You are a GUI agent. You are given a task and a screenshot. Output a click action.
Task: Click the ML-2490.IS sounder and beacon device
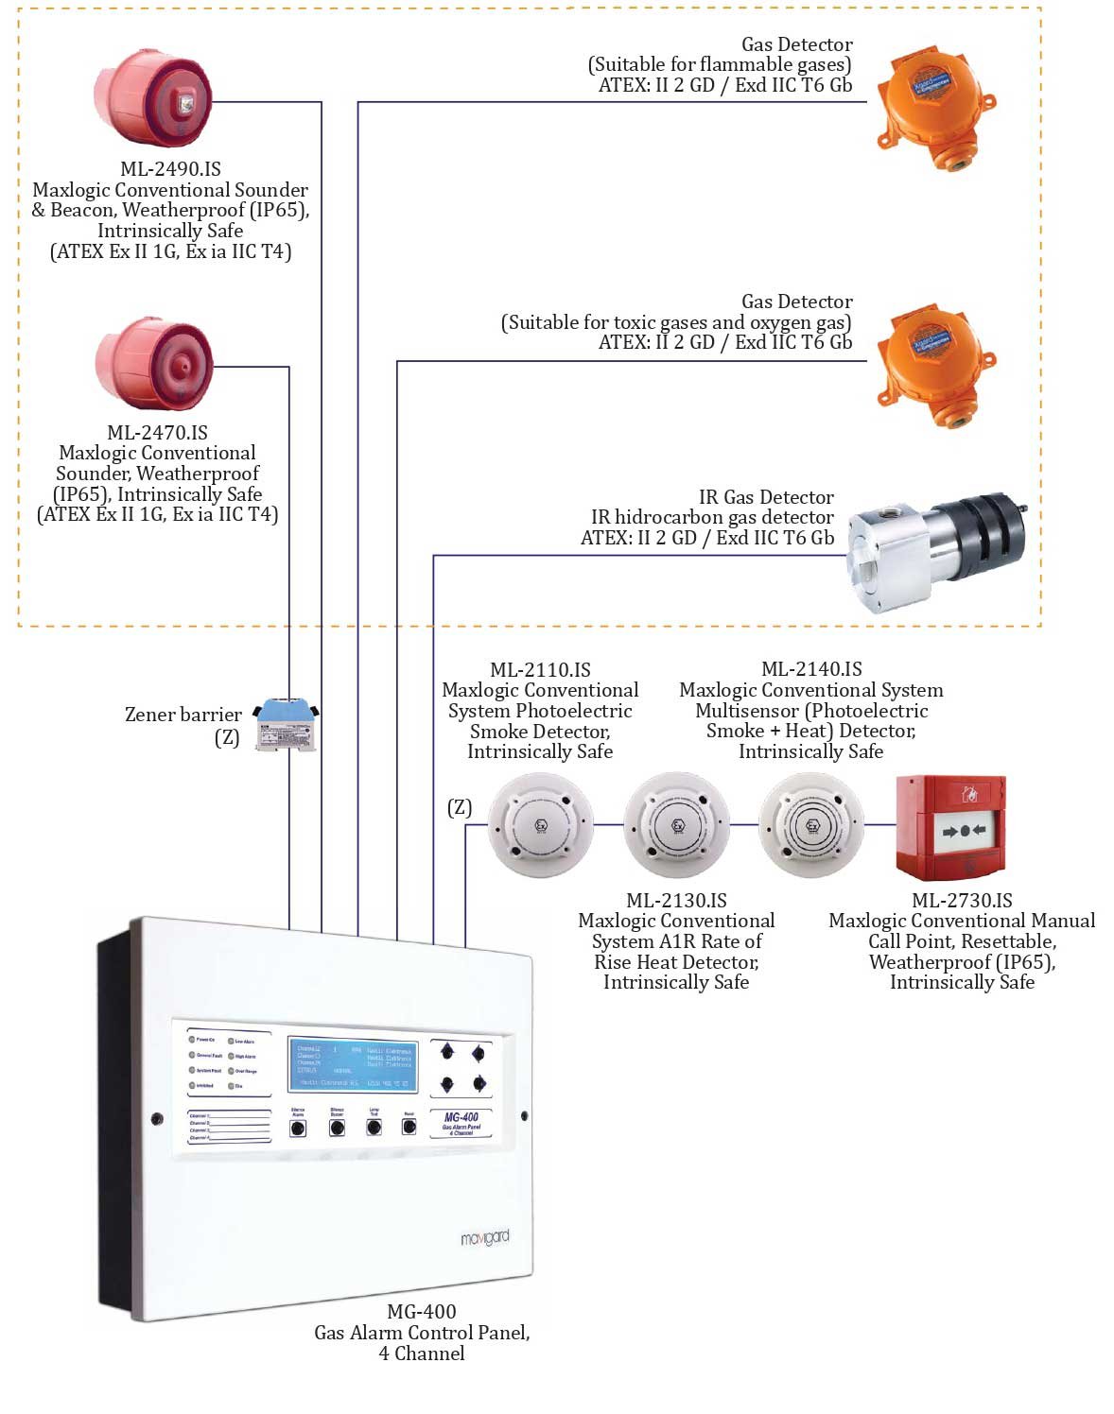tap(153, 96)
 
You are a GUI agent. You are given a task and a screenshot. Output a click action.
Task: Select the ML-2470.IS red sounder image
tap(153, 363)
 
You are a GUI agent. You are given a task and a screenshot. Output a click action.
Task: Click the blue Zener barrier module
tap(287, 724)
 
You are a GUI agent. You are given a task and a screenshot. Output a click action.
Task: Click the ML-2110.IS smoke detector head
tap(541, 824)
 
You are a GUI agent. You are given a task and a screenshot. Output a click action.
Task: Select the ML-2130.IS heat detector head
tap(677, 824)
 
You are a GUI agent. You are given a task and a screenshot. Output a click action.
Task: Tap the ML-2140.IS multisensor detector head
tap(811, 824)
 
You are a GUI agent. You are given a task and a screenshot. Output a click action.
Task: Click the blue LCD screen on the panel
tap(353, 1066)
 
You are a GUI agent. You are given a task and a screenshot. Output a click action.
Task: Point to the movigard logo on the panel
tap(484, 1237)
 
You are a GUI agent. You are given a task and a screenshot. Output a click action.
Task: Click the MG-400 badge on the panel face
tap(461, 1122)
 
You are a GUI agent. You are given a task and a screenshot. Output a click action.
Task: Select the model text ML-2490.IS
tap(170, 169)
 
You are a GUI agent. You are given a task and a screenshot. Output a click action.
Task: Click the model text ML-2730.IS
tap(962, 901)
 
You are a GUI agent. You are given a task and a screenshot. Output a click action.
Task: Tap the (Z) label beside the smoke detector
tap(460, 807)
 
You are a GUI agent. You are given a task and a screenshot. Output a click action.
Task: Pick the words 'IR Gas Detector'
tap(766, 497)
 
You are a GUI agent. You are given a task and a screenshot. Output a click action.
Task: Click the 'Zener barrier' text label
tap(183, 715)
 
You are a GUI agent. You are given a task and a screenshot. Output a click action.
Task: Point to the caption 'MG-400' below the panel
tap(422, 1312)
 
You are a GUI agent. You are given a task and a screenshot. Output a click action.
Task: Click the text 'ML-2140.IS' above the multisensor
tap(811, 669)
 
